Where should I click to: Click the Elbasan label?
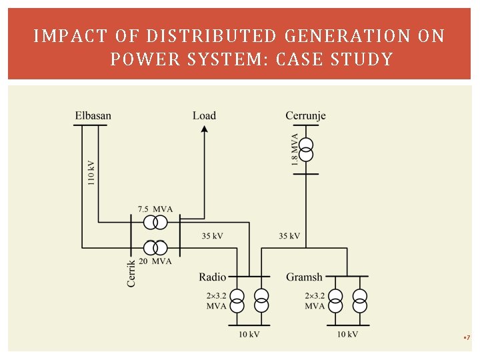point(93,116)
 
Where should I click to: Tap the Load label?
point(204,116)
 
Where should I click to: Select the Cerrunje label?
point(305,116)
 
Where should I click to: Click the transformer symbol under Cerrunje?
point(305,149)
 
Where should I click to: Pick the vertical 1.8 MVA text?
point(294,149)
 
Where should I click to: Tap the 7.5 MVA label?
point(155,209)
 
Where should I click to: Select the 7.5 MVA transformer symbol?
point(159,221)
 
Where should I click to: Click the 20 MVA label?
point(155,261)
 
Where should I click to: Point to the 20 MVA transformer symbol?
point(157,247)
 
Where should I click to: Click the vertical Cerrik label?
point(131,273)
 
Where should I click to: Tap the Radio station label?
point(212,277)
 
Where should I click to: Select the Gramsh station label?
point(304,277)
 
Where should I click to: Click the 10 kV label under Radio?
point(249,335)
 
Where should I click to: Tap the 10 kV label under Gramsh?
point(347,335)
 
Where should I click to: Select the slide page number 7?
point(468,338)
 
